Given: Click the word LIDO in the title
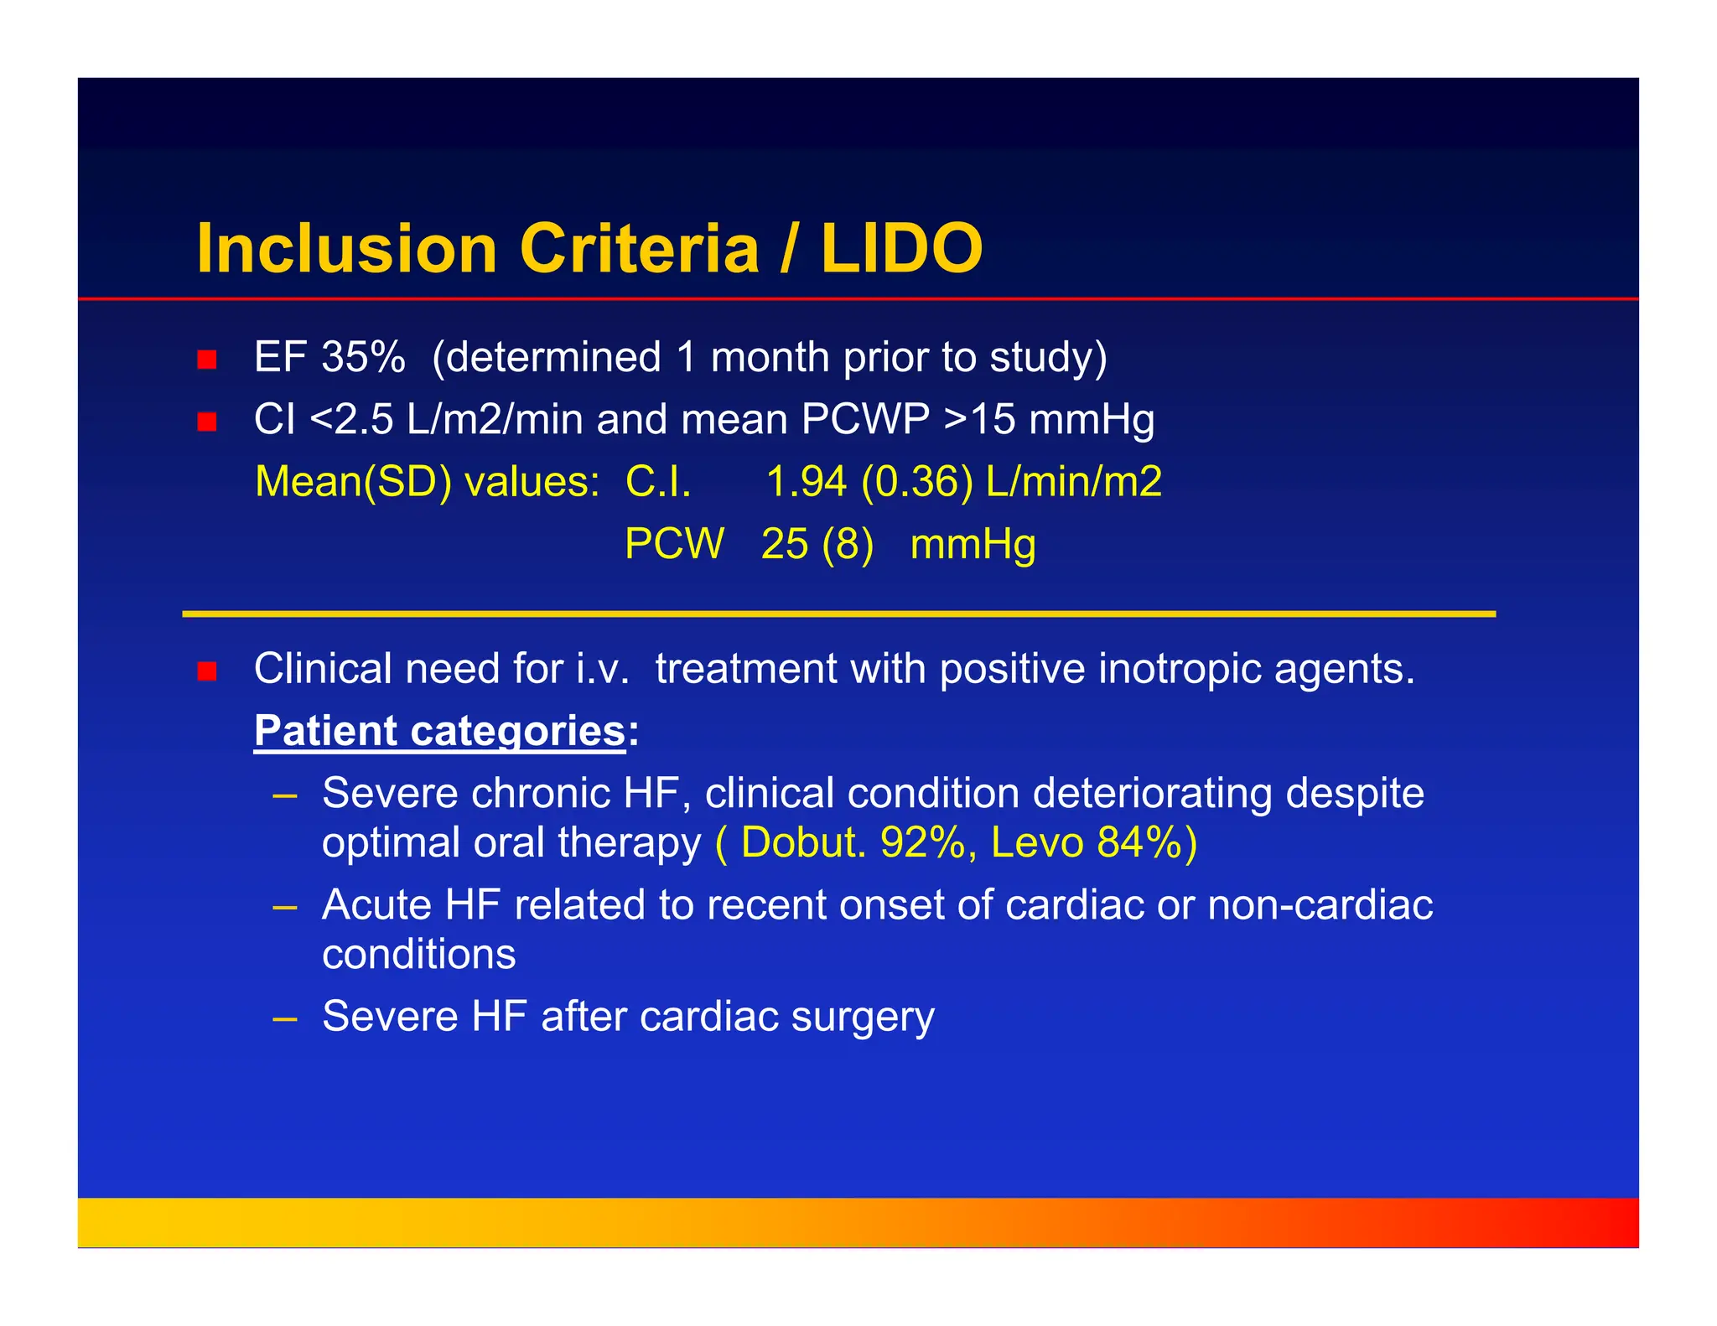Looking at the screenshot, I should click(901, 249).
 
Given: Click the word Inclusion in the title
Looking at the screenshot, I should click(346, 249).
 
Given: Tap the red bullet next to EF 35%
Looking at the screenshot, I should click(207, 360).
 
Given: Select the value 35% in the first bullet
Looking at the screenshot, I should click(363, 358).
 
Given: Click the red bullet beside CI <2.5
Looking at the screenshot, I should click(207, 422).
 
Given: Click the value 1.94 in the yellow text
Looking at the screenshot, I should click(806, 482).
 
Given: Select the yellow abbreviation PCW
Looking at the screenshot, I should click(674, 544).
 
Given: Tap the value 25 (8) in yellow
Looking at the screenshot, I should click(817, 544).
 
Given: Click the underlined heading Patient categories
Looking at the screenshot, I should click(440, 731).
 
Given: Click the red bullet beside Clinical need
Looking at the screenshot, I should click(207, 671).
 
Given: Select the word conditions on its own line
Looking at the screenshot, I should click(418, 955).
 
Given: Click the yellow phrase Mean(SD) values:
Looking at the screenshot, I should click(427, 482).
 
